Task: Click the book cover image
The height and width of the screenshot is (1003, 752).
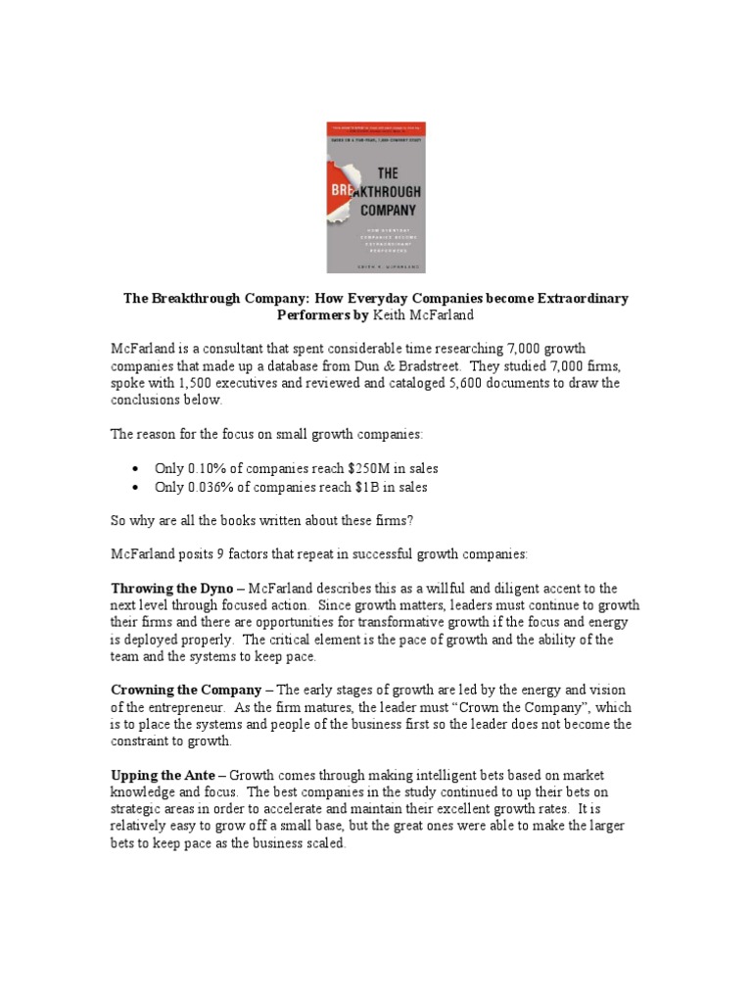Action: coord(376,197)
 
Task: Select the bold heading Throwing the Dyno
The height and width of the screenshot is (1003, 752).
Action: coord(171,589)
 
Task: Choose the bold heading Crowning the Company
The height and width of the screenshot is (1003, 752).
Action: coord(185,691)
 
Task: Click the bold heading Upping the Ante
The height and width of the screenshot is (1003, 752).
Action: coord(162,776)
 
